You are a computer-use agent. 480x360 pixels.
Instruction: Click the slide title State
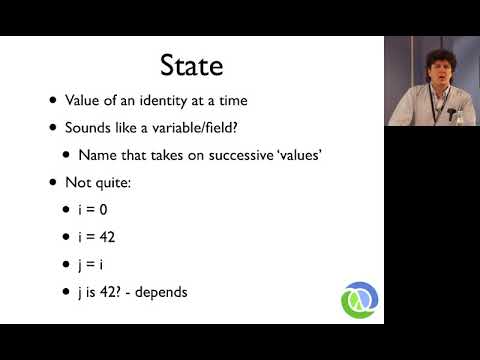(x=191, y=65)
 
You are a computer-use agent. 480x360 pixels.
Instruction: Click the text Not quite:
(x=96, y=184)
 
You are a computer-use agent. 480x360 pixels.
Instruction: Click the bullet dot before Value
(x=52, y=101)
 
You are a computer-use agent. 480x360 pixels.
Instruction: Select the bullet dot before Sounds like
(x=52, y=128)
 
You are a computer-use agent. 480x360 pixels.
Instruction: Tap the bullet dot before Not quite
(x=52, y=184)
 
